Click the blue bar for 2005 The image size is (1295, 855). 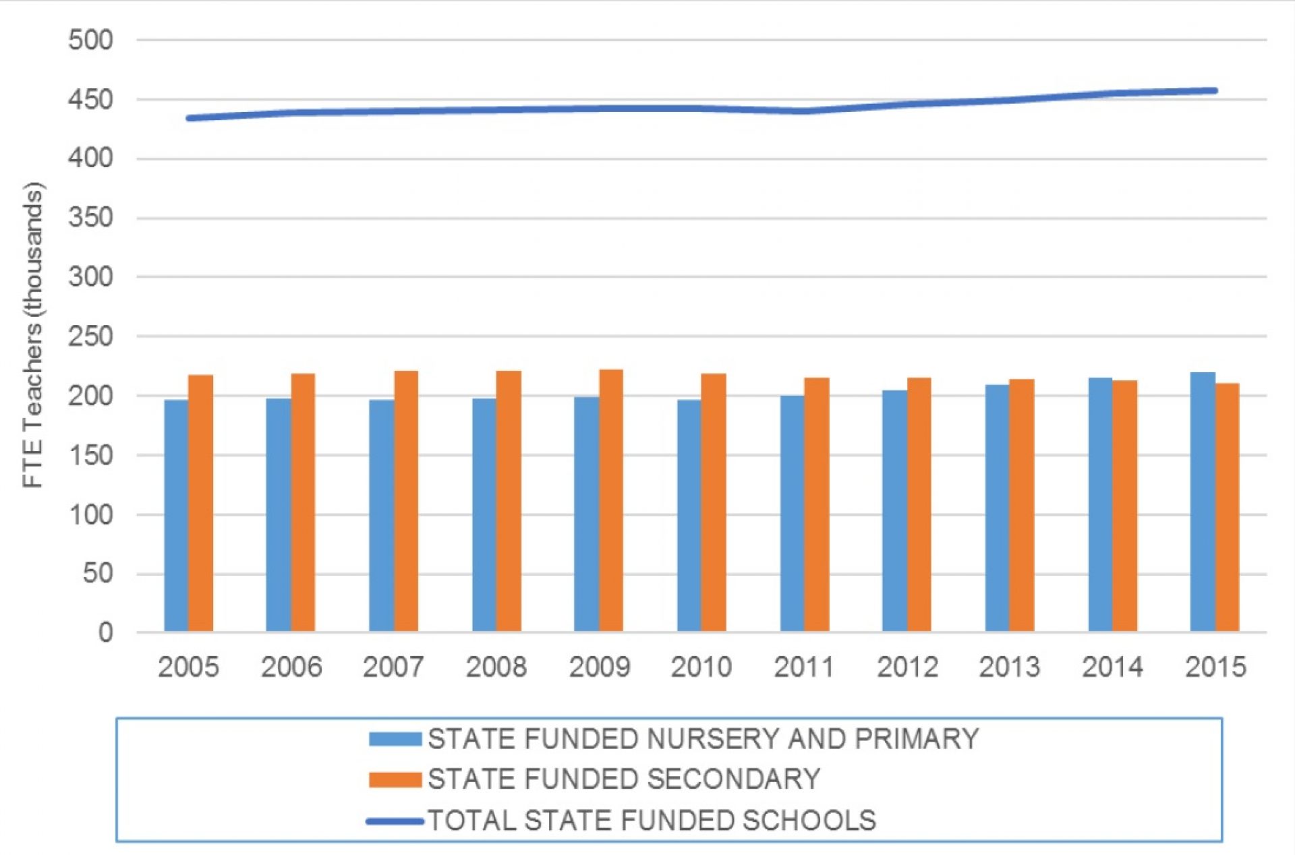(176, 516)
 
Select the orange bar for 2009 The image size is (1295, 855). (611, 500)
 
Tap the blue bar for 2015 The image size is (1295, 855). (1203, 502)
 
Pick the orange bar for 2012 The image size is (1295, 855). (919, 504)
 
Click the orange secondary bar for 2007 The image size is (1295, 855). (406, 501)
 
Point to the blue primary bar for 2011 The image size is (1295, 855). (792, 513)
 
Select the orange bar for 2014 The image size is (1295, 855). (1124, 506)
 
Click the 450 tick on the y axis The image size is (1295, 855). (90, 100)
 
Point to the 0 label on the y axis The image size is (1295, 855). (105, 632)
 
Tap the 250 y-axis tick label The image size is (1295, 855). (90, 336)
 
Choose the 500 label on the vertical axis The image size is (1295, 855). (90, 40)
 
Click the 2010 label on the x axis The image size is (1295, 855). (701, 668)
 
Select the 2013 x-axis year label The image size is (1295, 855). (1009, 668)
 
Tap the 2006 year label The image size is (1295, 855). (291, 668)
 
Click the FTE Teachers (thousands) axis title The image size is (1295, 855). (32, 335)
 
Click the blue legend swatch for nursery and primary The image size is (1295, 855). (395, 739)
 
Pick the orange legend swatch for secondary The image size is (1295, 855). (395, 780)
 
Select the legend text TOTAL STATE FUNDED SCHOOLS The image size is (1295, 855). (652, 821)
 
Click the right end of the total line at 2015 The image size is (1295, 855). (1213, 90)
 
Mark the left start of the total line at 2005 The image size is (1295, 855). (190, 118)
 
